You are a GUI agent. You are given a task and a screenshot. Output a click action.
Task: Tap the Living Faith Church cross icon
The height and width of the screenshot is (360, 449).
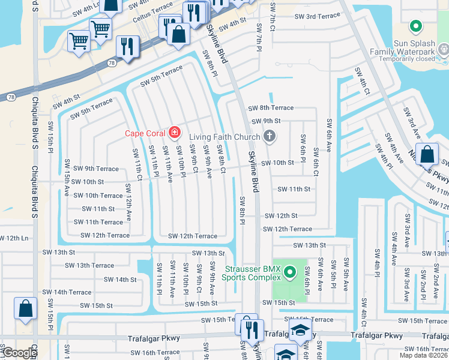pyautogui.click(x=269, y=137)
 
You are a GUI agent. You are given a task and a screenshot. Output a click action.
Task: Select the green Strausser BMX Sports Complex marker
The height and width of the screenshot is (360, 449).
pyautogui.click(x=290, y=273)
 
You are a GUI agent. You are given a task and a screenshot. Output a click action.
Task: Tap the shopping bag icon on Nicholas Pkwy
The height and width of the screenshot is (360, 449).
pyautogui.click(x=427, y=154)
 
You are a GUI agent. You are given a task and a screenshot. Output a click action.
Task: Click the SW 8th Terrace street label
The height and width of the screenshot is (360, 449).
pyautogui.click(x=271, y=108)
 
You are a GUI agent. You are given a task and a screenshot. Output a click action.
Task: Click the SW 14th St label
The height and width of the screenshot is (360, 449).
pyautogui.click(x=120, y=280)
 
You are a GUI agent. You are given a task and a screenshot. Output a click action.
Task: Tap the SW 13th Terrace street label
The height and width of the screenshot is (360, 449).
pyautogui.click(x=89, y=265)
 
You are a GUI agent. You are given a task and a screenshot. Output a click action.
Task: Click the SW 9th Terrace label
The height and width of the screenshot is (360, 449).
pyautogui.click(x=92, y=169)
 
